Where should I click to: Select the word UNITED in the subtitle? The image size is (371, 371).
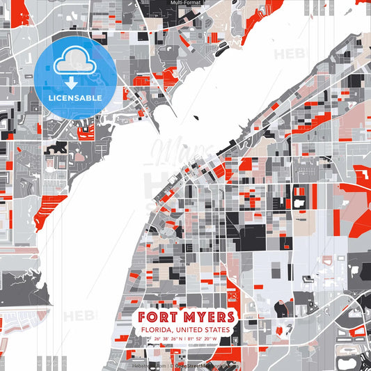click(190, 330)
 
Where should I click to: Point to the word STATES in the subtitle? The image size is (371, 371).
click(217, 330)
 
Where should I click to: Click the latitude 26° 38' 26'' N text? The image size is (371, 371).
click(166, 340)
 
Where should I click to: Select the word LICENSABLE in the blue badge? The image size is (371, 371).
click(74, 98)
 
